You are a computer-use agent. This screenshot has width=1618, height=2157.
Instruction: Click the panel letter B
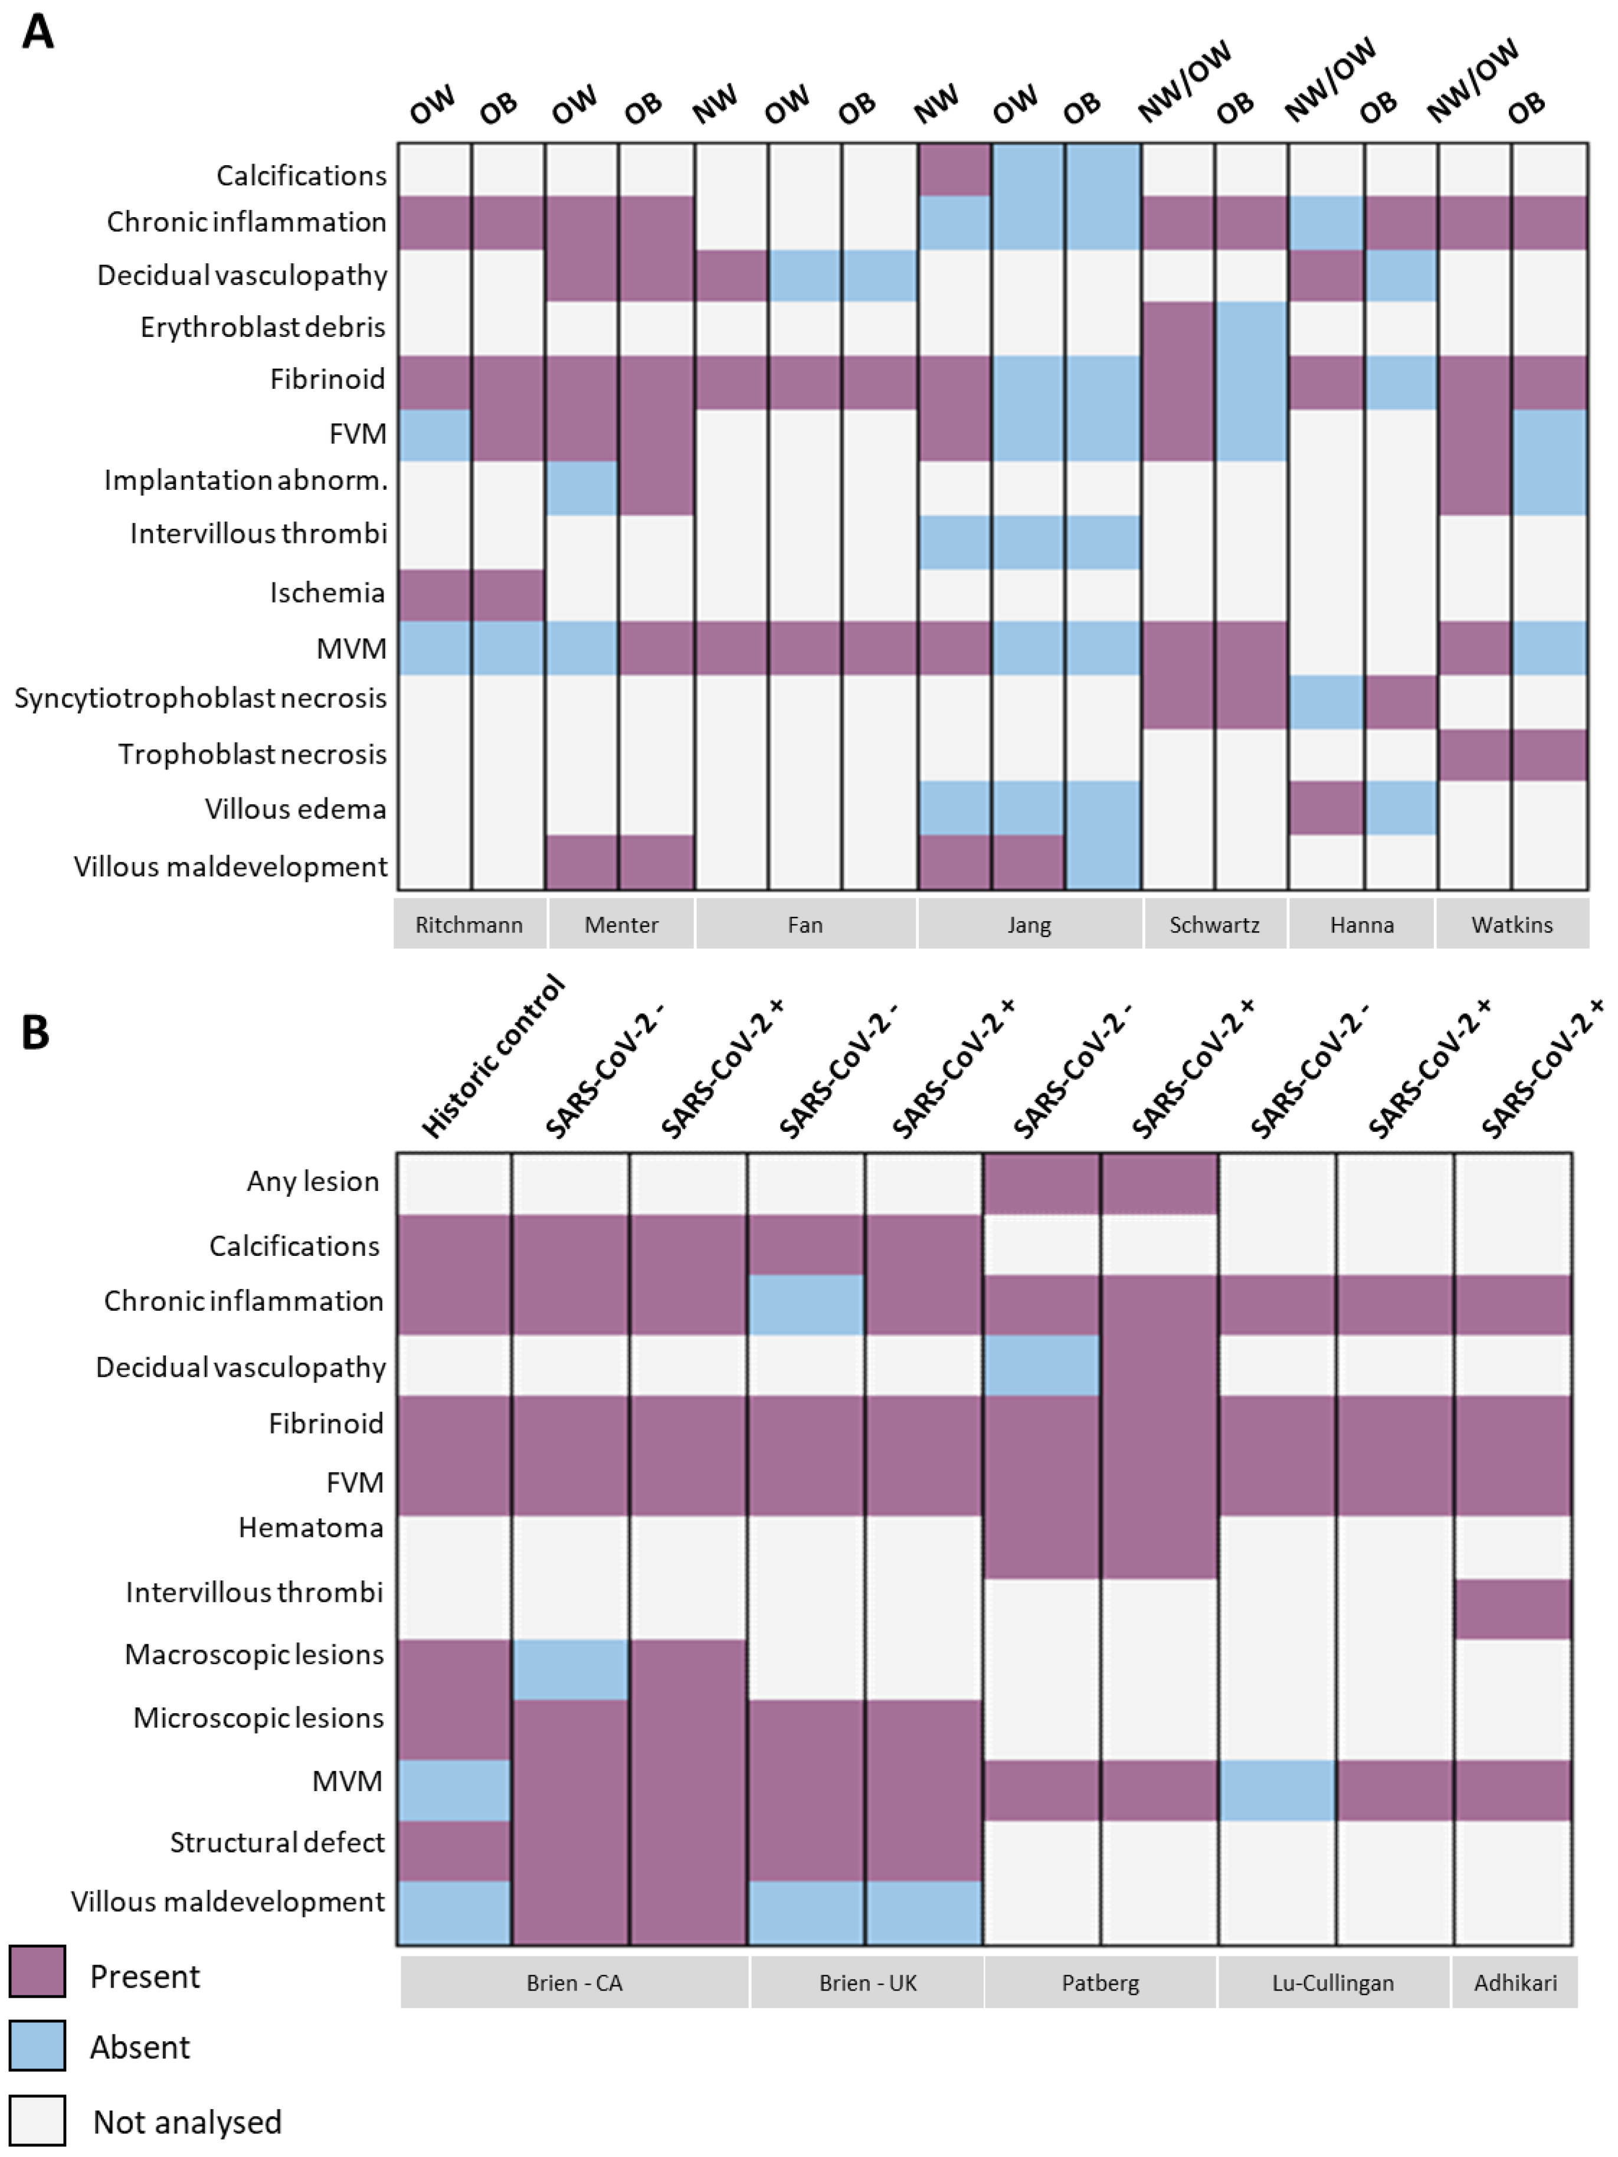(35, 1032)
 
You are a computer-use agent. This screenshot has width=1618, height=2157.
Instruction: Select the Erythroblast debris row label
(263, 327)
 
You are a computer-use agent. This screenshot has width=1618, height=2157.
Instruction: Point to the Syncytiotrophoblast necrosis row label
(201, 698)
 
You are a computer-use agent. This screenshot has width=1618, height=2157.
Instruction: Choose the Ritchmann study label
(469, 924)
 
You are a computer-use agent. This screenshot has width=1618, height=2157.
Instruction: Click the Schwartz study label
(1214, 924)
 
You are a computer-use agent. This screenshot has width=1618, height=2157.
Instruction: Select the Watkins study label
(1512, 924)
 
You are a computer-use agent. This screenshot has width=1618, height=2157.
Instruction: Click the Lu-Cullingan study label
(1333, 1982)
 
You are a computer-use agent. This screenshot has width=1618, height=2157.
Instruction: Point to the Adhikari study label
(1515, 1982)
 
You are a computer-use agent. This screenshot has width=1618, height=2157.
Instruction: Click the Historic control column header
(493, 1056)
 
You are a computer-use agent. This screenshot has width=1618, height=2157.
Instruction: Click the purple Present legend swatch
(37, 1971)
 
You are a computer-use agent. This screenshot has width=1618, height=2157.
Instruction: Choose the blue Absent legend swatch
(37, 2045)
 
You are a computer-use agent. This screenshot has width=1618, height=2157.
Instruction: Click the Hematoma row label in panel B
(311, 1527)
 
